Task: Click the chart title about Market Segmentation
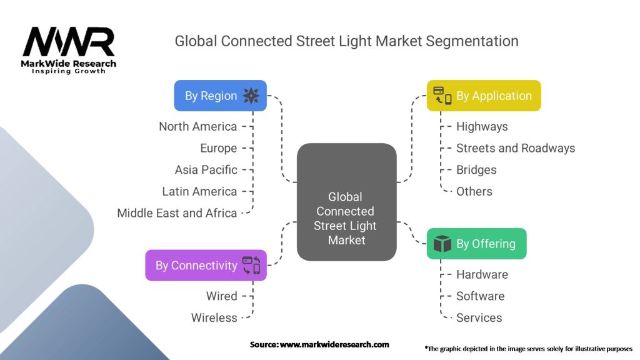pyautogui.click(x=346, y=41)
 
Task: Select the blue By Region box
pyautogui.click(x=220, y=96)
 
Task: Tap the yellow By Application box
pyautogui.click(x=483, y=96)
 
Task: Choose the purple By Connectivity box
pyautogui.click(x=206, y=265)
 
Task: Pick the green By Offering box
pyautogui.click(x=476, y=244)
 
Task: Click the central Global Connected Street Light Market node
pyautogui.click(x=346, y=202)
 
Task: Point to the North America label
pyautogui.click(x=197, y=126)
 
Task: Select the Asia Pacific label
pyautogui.click(x=206, y=169)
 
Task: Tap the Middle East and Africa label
pyautogui.click(x=177, y=213)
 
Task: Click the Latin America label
pyautogui.click(x=199, y=191)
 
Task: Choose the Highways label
pyautogui.click(x=482, y=126)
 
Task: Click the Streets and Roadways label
pyautogui.click(x=515, y=148)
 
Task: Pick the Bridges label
pyautogui.click(x=476, y=169)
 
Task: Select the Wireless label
pyautogui.click(x=214, y=317)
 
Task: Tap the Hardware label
pyautogui.click(x=482, y=274)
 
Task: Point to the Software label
pyautogui.click(x=480, y=296)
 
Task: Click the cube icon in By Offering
pyautogui.click(x=442, y=244)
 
